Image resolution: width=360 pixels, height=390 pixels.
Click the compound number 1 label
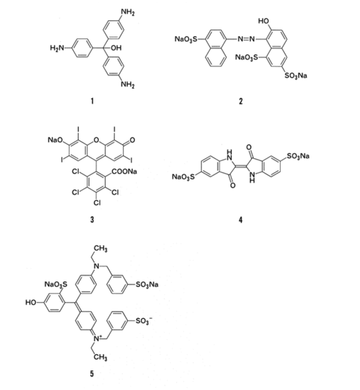pos(92,101)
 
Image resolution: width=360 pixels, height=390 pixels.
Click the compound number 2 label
pos(240,101)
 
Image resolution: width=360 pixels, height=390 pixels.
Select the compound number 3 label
pos(92,219)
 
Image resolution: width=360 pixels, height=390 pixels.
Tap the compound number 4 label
pos(240,220)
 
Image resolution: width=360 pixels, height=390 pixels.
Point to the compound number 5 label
pos(92,374)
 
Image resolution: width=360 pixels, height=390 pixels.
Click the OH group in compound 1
pos(116,48)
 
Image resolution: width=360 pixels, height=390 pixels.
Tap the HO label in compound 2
pos(264,21)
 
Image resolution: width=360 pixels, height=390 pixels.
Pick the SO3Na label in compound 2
pos(296,75)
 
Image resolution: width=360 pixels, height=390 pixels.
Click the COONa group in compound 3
pos(124,172)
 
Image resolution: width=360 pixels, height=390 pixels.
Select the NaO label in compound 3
pos(55,140)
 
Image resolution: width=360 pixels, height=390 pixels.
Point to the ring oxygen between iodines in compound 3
pos(96,140)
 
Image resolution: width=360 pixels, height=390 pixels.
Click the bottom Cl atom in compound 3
pos(97,203)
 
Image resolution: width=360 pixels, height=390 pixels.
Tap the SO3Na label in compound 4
pos(298,156)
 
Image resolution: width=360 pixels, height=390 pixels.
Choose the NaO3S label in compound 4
pos(184,177)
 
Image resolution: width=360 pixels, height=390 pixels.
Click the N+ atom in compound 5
pos(98,338)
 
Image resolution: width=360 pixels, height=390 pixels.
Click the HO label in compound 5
pos(31,303)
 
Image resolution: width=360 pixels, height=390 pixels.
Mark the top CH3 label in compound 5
pos(101,248)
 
